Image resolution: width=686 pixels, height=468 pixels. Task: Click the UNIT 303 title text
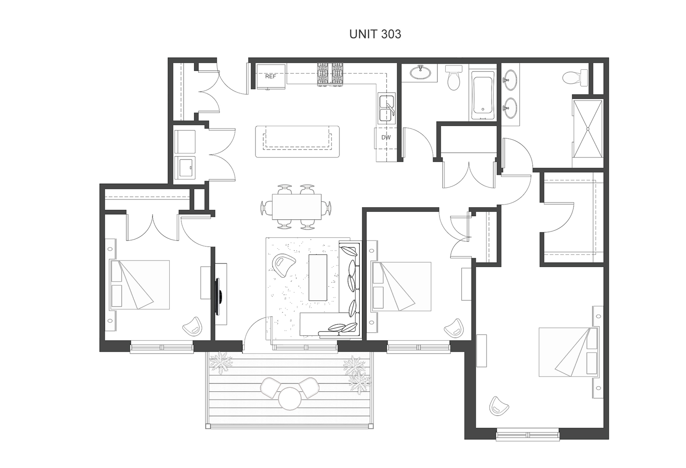click(375, 34)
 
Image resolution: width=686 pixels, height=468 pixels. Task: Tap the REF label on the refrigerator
click(270, 77)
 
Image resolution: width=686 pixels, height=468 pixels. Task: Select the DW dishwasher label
click(386, 138)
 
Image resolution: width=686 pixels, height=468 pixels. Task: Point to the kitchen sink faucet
click(390, 107)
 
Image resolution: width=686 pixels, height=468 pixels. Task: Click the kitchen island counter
click(297, 141)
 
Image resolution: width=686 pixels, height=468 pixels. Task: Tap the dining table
click(297, 206)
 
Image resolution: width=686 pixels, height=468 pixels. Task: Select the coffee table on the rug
click(317, 277)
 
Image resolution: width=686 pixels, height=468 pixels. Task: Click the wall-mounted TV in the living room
click(220, 297)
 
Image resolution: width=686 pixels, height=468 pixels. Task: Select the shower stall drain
click(588, 128)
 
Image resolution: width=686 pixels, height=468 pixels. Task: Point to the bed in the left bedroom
click(140, 285)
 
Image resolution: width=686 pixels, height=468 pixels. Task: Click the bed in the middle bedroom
click(401, 286)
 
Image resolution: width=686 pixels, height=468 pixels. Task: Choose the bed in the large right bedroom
click(568, 352)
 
